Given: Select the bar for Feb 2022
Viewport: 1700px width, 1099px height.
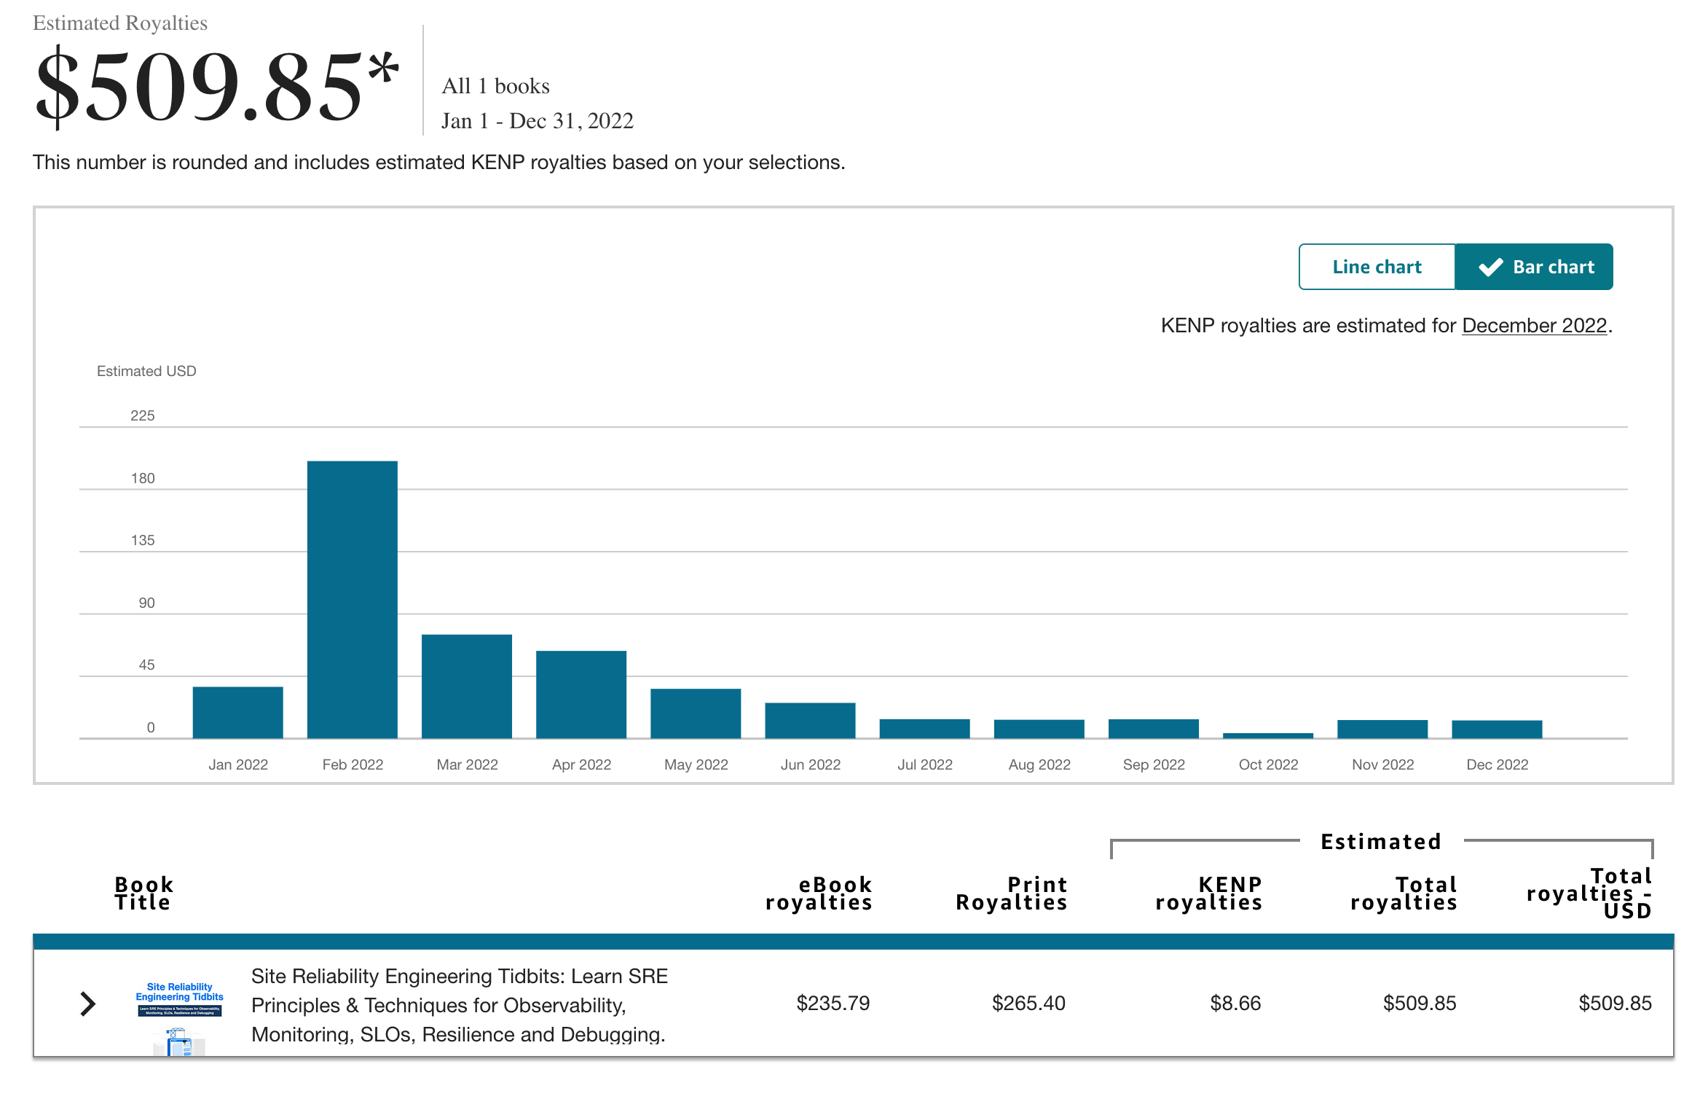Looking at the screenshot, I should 352,599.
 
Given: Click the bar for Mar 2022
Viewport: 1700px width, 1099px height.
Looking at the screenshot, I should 466,686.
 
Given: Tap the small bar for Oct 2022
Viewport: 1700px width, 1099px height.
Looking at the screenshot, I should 1267,735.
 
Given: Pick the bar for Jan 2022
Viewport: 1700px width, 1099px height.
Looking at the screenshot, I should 237,712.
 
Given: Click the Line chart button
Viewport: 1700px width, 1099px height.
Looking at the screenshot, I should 1377,267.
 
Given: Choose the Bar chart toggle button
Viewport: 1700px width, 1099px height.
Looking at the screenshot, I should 1534,267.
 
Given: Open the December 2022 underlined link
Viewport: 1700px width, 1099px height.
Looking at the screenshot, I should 1534,325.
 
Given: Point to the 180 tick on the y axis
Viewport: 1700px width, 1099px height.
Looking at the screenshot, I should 143,478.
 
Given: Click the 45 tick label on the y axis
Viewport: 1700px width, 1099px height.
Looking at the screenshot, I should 146,665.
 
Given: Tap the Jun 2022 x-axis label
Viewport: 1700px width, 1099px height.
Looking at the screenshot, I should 810,764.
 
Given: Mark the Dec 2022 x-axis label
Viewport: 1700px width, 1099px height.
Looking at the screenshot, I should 1497,764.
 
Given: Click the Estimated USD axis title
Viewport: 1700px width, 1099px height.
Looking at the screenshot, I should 146,371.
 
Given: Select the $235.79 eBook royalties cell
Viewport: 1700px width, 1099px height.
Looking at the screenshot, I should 833,1004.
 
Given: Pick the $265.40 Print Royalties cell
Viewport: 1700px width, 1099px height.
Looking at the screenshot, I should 1028,1004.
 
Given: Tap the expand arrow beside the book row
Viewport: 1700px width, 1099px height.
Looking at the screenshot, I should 87,1004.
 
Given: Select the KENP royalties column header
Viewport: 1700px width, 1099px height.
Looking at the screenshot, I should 1208,893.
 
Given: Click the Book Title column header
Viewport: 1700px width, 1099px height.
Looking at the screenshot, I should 143,893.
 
